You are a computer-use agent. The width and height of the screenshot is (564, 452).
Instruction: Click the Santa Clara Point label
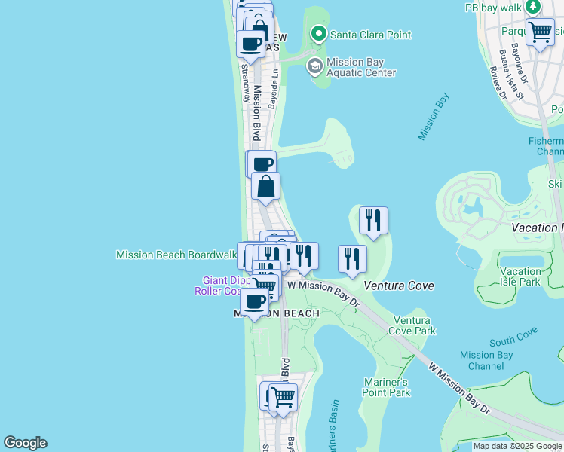pyautogui.click(x=363, y=34)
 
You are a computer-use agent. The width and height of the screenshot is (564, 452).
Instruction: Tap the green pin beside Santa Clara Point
pyautogui.click(x=318, y=34)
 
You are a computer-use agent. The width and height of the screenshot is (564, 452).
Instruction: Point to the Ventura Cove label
pyautogui.click(x=399, y=286)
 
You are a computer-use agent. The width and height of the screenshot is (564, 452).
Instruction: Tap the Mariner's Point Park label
pyautogui.click(x=387, y=386)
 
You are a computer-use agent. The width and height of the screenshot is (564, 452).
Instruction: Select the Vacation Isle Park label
pyautogui.click(x=520, y=276)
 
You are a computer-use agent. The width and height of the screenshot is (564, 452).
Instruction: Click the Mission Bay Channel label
pyautogui.click(x=486, y=361)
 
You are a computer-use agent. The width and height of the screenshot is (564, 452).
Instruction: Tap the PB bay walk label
pyautogui.click(x=494, y=7)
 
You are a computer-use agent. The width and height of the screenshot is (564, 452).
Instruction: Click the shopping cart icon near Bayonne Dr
pyautogui.click(x=540, y=32)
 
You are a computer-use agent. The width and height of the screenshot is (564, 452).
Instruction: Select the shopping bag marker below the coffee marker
pyautogui.click(x=265, y=186)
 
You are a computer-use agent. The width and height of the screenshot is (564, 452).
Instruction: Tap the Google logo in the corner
pyautogui.click(x=25, y=443)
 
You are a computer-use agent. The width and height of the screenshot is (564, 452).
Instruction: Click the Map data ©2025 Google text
pyautogui.click(x=517, y=446)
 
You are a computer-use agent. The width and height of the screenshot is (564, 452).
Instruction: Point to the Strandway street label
pyautogui.click(x=245, y=83)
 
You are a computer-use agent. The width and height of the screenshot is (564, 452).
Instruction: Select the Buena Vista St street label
pyautogui.click(x=511, y=75)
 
